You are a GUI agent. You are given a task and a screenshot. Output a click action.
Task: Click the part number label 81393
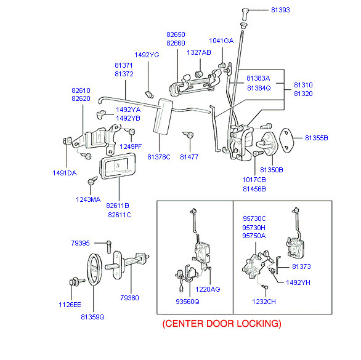point(280,10)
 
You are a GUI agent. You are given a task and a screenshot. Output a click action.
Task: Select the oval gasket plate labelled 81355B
point(286,140)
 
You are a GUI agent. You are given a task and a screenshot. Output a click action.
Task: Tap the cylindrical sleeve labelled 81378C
point(163,116)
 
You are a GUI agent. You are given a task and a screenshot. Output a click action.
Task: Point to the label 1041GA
point(221,41)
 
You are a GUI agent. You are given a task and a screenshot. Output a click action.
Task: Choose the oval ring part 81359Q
point(94,270)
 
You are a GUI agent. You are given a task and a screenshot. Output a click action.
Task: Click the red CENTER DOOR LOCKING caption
point(222,324)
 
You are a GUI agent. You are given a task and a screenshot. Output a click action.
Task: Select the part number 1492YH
point(298,282)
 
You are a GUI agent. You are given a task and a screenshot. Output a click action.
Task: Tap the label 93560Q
point(187,302)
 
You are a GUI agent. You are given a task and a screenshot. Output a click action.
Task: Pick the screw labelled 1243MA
point(92,180)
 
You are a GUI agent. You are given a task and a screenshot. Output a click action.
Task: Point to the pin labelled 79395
point(109,247)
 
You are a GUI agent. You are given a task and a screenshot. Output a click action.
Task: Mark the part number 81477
point(189,157)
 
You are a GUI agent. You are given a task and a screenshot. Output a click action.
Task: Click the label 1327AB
point(199,53)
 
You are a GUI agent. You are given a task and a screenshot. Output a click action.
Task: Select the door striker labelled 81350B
point(267,144)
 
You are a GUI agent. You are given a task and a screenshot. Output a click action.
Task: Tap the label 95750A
point(254,236)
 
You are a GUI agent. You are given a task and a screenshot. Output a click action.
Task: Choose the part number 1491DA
point(65,173)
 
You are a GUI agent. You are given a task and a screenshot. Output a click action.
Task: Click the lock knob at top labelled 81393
point(245,13)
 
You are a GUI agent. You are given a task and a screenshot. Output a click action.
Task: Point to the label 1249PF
point(131,146)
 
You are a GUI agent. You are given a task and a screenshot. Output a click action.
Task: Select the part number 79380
point(129,298)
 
